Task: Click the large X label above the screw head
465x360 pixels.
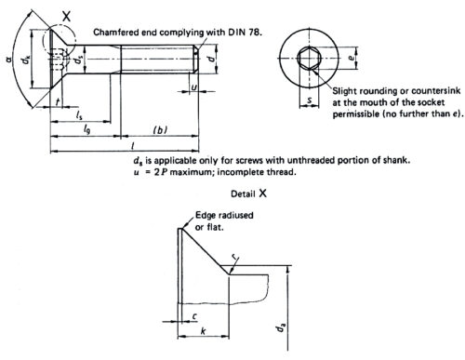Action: [x=66, y=16]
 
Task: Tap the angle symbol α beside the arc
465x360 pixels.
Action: [x=9, y=59]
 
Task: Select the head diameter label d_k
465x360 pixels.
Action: [x=26, y=60]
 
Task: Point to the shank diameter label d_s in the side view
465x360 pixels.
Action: [x=78, y=60]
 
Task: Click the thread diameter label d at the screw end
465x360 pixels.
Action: [x=210, y=59]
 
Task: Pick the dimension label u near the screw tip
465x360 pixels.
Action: [x=193, y=87]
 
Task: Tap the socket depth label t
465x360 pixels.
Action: [x=58, y=101]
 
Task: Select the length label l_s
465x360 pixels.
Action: [x=79, y=115]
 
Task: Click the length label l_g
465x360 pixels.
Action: [x=86, y=129]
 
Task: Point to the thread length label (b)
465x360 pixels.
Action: [x=160, y=130]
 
